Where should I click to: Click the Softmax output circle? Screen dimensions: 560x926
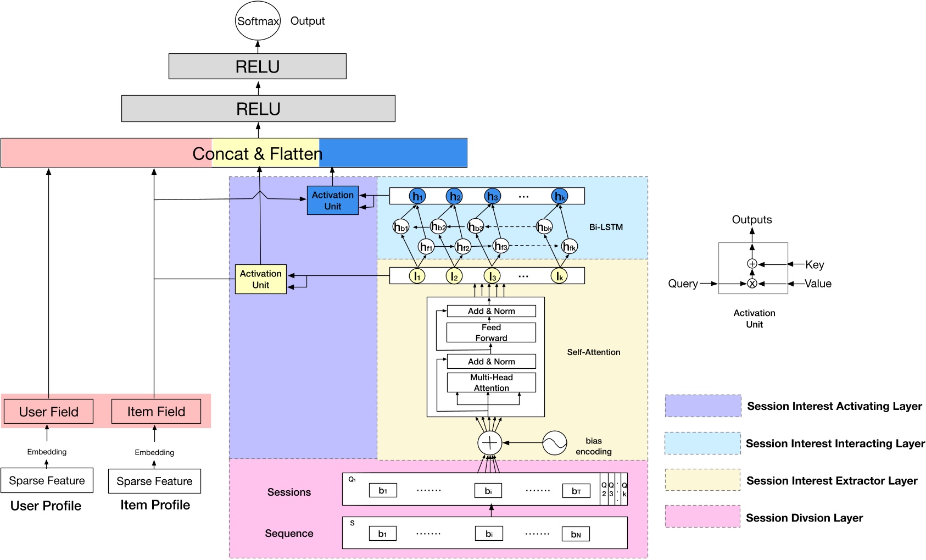[258, 21]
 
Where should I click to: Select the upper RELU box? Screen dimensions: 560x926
[258, 66]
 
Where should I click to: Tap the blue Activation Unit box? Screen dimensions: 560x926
[332, 201]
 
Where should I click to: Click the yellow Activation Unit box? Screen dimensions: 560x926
[260, 279]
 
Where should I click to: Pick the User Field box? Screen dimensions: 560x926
[48, 412]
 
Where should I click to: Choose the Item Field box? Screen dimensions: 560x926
[156, 412]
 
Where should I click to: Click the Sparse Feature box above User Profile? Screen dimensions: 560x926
[47, 481]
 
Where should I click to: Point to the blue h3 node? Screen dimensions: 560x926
[493, 196]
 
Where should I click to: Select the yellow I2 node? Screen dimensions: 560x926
[454, 276]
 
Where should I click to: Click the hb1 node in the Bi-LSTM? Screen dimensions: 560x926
[401, 227]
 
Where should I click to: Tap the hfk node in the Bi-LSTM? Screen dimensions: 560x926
[570, 247]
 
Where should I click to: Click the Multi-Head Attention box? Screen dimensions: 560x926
[491, 382]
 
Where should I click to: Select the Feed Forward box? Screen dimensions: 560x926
[491, 332]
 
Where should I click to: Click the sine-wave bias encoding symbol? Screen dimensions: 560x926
[555, 443]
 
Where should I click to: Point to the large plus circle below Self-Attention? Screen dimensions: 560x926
[489, 443]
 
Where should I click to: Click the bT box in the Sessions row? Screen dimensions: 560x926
[576, 491]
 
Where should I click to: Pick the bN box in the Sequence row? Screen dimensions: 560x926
[576, 534]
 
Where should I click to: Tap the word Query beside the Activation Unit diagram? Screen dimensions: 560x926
[683, 284]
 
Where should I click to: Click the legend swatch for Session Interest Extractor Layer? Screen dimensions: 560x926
[702, 480]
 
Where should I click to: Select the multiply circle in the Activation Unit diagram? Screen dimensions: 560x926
[752, 284]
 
